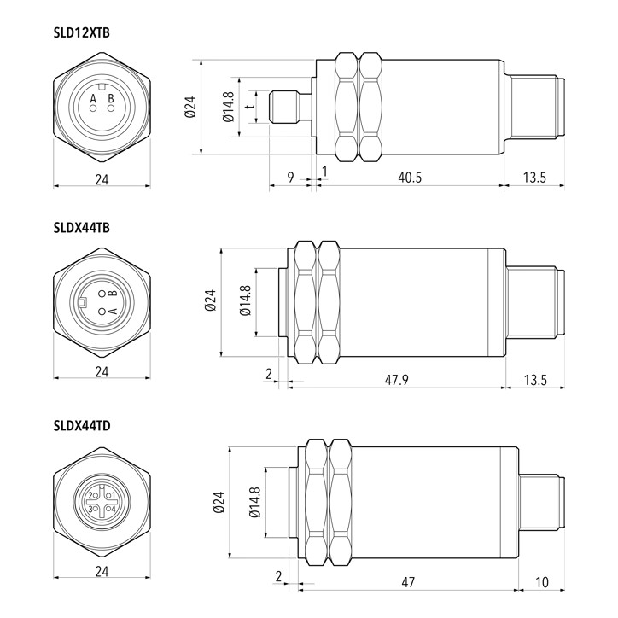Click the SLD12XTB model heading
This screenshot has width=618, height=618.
click(x=82, y=32)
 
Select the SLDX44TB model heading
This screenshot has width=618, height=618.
click(x=82, y=228)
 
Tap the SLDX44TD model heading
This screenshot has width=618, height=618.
click(x=82, y=426)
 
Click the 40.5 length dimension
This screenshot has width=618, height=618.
click(x=410, y=178)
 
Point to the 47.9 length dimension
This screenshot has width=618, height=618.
click(x=397, y=380)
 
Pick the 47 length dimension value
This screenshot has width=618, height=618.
click(x=408, y=582)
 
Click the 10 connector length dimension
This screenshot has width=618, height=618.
click(x=542, y=582)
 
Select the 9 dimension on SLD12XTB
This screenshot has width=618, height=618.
click(x=290, y=178)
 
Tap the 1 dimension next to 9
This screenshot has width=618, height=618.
click(x=324, y=172)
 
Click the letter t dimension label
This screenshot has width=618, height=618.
click(x=248, y=107)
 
